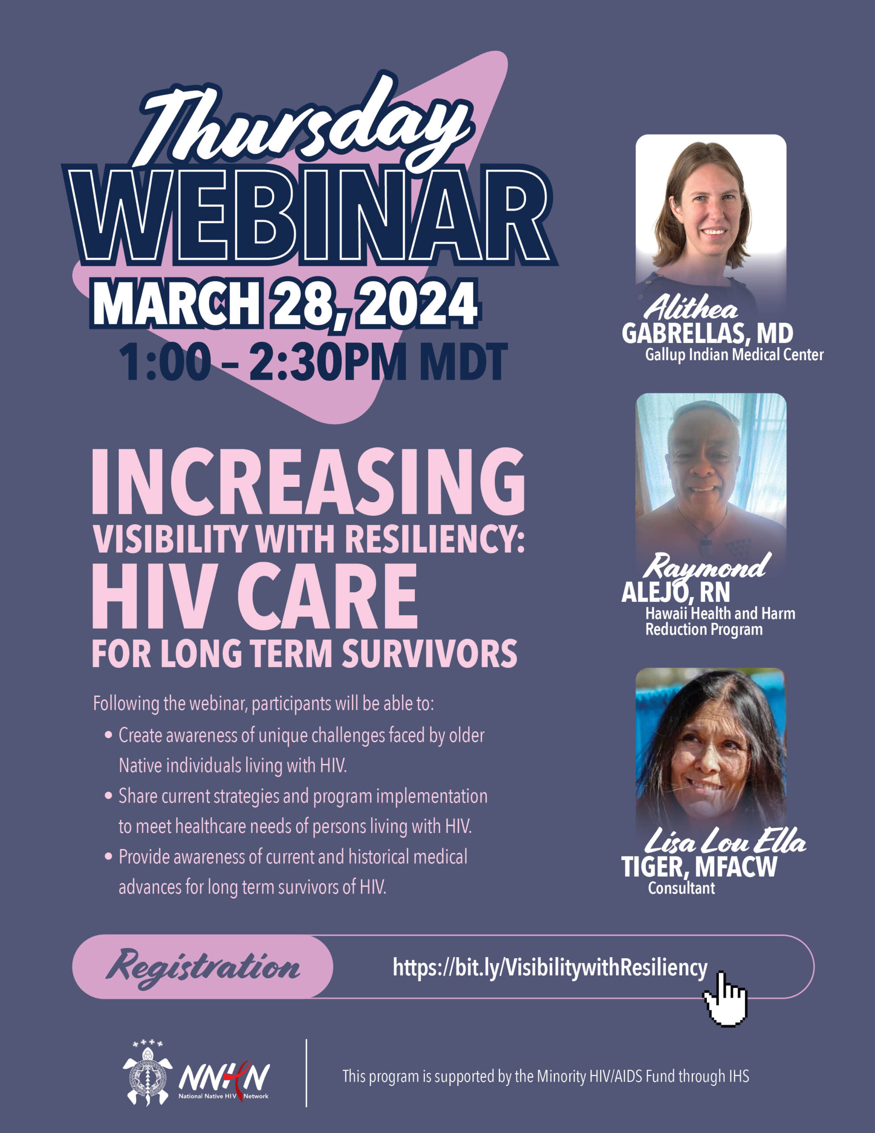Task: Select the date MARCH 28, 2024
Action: pyautogui.click(x=285, y=304)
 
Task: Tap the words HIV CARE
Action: pyautogui.click(x=255, y=597)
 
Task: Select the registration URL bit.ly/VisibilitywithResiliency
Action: pyautogui.click(x=550, y=968)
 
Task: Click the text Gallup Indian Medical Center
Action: pyautogui.click(x=734, y=355)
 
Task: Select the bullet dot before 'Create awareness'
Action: pyautogui.click(x=108, y=735)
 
